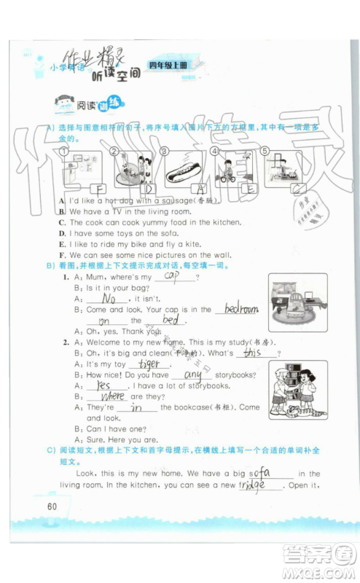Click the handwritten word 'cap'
172,275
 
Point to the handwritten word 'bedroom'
240,308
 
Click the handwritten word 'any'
193,375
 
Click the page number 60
51,506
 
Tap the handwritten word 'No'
109,298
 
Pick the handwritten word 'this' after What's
252,352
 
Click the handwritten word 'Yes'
103,386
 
